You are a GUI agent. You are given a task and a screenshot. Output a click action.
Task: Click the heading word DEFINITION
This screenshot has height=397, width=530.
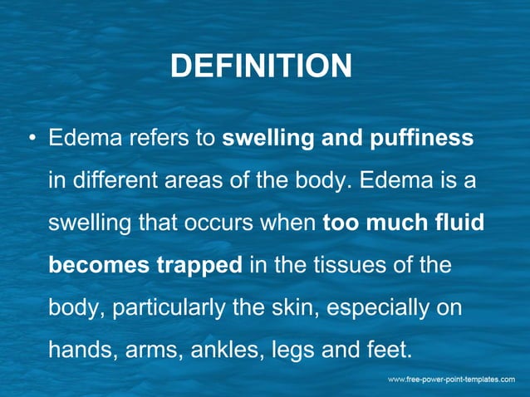(x=261, y=66)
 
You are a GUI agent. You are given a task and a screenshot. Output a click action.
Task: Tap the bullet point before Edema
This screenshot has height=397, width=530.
(x=30, y=138)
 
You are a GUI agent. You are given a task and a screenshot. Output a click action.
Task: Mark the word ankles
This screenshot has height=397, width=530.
(x=223, y=351)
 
